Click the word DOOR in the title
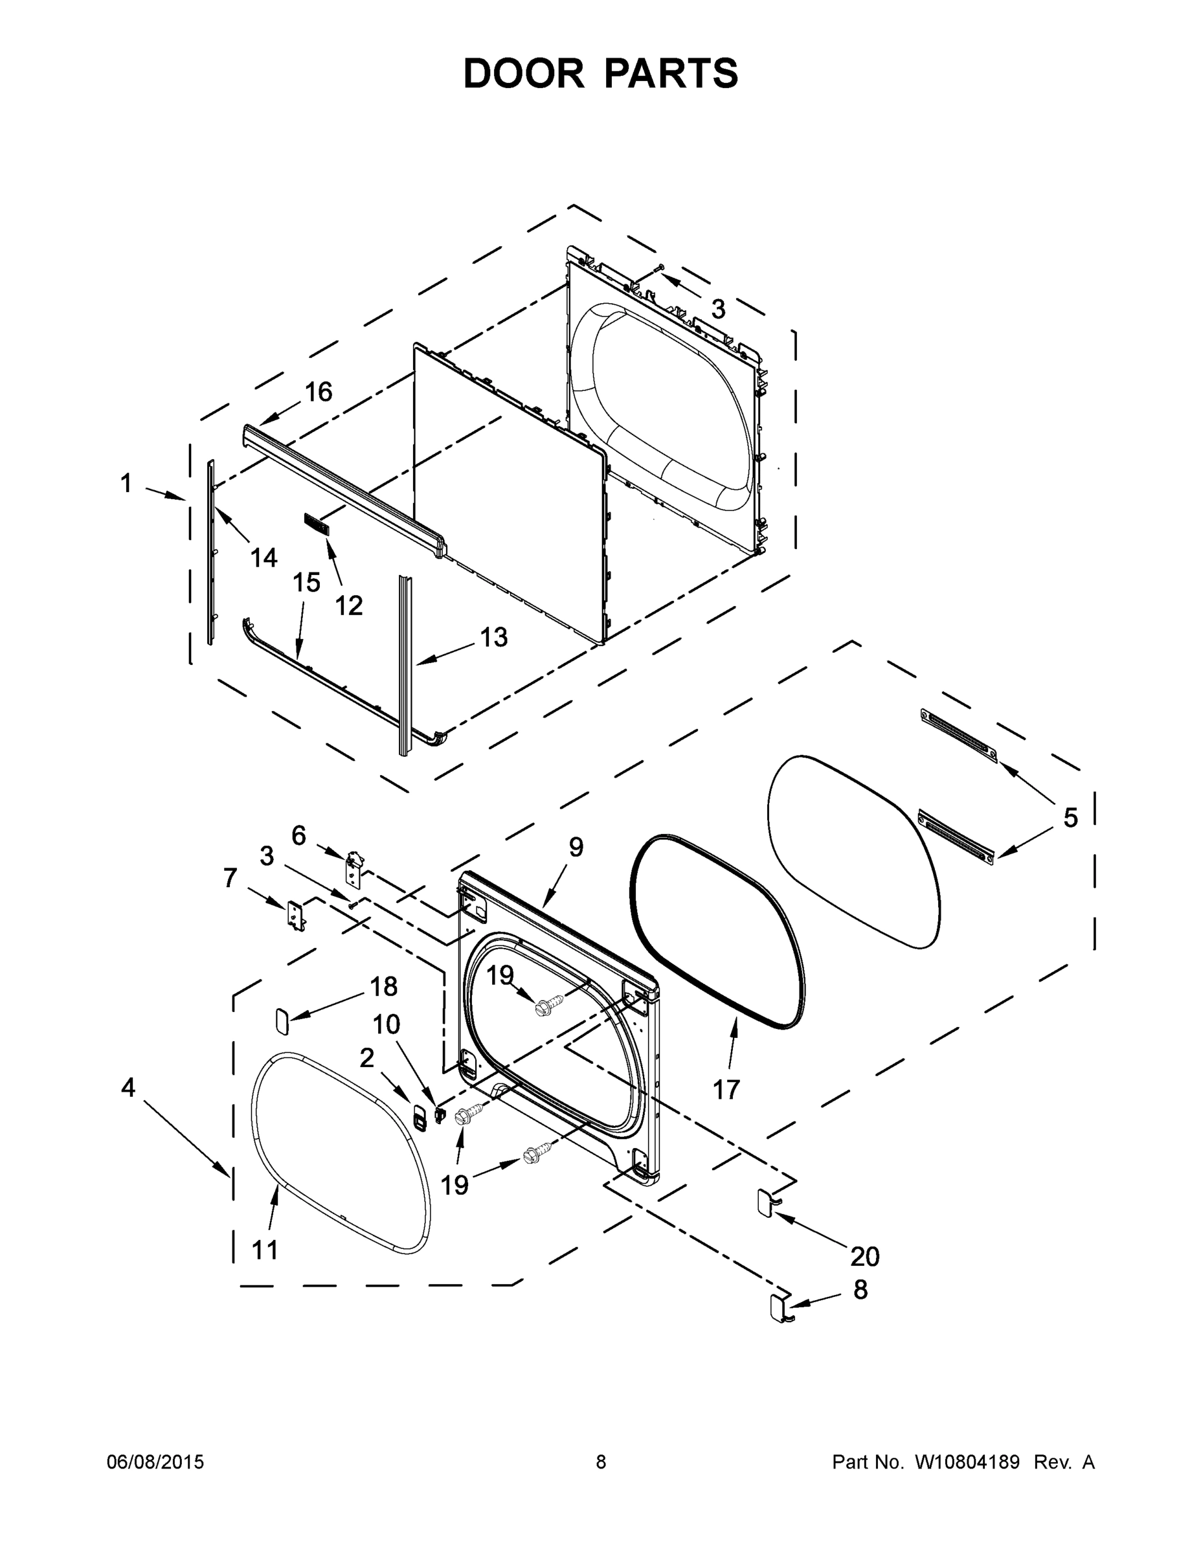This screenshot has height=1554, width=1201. (x=524, y=73)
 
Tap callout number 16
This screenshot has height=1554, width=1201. (x=319, y=392)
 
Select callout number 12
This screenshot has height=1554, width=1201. (x=348, y=605)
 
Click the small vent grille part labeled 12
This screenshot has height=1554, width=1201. (x=317, y=524)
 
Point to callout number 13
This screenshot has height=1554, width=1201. (x=494, y=638)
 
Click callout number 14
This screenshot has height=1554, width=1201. (x=264, y=558)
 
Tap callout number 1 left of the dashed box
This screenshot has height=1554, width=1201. (x=126, y=484)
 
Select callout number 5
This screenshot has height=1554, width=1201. (x=1070, y=818)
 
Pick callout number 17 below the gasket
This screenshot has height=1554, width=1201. (x=726, y=1089)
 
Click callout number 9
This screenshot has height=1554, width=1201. (x=576, y=847)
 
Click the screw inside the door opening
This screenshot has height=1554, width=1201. (x=548, y=1005)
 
